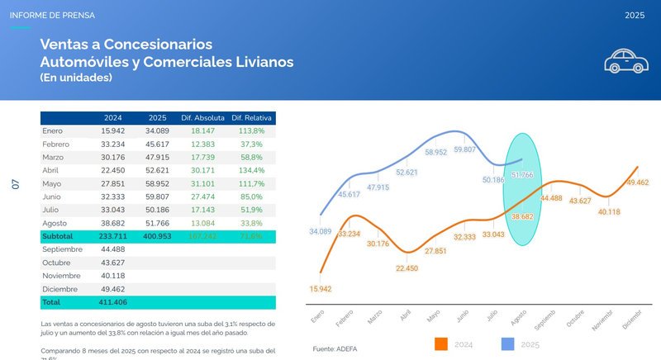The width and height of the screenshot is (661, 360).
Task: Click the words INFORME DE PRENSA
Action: pyautogui.click(x=52, y=15)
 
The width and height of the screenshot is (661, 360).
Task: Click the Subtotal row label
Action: pyautogui.click(x=58, y=236)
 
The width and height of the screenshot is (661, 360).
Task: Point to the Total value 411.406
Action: pyautogui.click(x=113, y=302)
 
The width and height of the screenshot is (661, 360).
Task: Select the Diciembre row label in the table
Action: pyautogui.click(x=60, y=288)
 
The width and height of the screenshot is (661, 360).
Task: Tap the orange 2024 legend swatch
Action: pyautogui.click(x=440, y=343)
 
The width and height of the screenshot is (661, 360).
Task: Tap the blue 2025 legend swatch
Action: pyautogui.click(x=509, y=343)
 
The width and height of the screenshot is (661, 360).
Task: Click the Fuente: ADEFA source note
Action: pyautogui.click(x=335, y=349)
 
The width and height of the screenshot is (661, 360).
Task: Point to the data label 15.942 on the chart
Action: pyautogui.click(x=321, y=289)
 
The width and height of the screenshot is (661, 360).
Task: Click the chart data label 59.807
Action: pyautogui.click(x=464, y=149)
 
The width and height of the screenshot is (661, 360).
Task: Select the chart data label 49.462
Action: pyautogui.click(x=638, y=182)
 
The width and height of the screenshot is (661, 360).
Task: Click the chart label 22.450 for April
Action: pyautogui.click(x=407, y=268)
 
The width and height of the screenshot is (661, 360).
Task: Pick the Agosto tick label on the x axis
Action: pyautogui.click(x=519, y=317)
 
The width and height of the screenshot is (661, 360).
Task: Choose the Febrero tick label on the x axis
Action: pyautogui.click(x=345, y=318)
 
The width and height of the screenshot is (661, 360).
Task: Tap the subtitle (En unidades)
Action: pyautogui.click(x=76, y=78)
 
